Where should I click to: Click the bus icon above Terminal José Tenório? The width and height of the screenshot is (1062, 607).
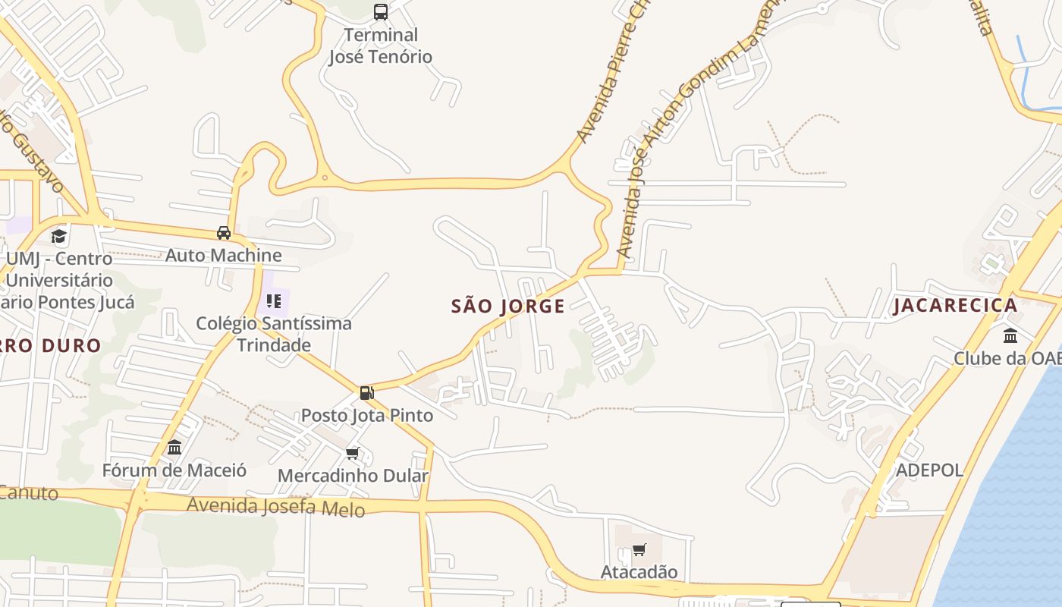pos(381,11)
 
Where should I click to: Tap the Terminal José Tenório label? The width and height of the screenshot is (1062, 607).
pos(380,46)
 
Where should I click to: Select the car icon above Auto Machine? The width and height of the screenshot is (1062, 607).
pos(224,233)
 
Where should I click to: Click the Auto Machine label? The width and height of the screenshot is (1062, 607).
pos(224,255)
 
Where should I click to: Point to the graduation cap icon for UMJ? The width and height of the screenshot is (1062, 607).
pos(59,236)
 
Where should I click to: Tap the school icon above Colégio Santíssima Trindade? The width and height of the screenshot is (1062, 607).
pos(274,301)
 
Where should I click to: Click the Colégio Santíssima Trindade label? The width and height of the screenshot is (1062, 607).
pos(274,334)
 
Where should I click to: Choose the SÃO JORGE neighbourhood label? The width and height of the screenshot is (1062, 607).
pos(508,307)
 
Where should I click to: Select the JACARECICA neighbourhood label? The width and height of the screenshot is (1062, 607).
pos(955,306)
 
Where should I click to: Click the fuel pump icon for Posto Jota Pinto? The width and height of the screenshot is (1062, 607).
pos(367,393)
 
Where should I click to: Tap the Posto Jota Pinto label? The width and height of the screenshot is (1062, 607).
pos(367,415)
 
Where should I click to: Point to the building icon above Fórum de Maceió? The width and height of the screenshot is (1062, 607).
pos(174,448)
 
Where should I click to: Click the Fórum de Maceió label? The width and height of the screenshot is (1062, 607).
pos(174,470)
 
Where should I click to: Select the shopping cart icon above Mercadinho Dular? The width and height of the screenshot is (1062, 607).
pos(352,454)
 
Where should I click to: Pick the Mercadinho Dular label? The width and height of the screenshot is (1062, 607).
pos(353,476)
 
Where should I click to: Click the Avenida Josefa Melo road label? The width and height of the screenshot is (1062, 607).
pos(276,506)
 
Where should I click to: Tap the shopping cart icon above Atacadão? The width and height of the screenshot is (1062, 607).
pos(639,550)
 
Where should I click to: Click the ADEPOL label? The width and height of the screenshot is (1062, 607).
pos(929,470)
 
